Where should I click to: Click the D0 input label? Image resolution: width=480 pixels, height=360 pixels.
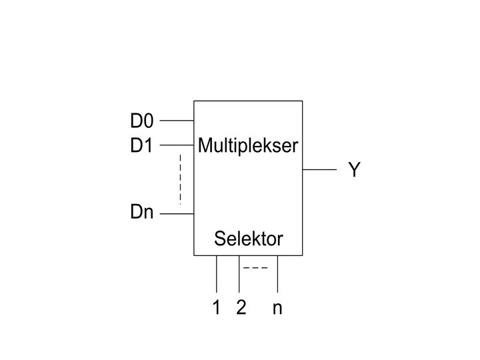[141, 121]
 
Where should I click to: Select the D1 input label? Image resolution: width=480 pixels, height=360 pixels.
[141, 145]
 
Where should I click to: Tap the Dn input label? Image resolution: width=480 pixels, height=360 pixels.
[141, 214]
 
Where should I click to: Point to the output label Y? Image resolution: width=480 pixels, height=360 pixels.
[354, 170]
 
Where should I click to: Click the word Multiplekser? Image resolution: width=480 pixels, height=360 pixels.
[248, 145]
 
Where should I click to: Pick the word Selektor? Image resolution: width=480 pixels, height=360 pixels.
[248, 239]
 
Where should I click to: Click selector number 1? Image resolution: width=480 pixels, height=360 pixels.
[216, 308]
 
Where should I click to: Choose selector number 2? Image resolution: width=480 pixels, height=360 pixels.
[241, 308]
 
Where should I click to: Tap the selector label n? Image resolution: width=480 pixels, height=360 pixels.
[277, 309]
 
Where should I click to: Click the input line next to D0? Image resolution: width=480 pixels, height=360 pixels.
[177, 121]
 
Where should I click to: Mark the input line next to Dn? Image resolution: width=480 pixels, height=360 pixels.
[177, 214]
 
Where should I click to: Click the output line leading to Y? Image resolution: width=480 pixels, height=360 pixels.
[320, 170]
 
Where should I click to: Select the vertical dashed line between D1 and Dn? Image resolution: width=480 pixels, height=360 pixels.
[180, 179]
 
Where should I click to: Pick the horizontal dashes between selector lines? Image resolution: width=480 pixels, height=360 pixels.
[255, 268]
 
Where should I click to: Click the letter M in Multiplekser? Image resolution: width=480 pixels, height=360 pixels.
[203, 145]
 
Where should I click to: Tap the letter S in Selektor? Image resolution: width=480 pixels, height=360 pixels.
[219, 239]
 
